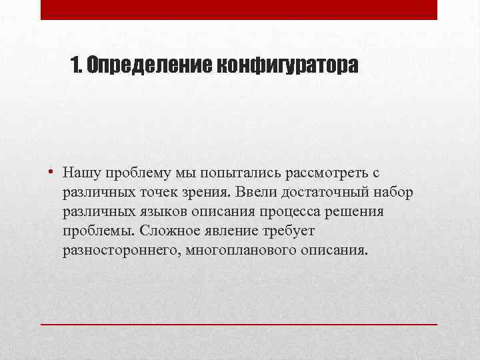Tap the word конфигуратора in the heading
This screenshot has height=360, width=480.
click(x=287, y=65)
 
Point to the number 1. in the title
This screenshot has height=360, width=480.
click(x=77, y=65)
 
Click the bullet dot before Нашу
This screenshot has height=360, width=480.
click(x=51, y=173)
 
